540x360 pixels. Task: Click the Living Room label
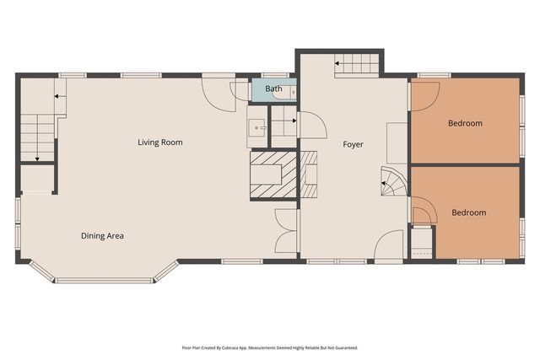(x=160, y=142)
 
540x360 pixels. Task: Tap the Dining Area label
(x=102, y=236)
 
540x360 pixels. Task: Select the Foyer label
(x=353, y=144)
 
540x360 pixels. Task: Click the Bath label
(x=273, y=89)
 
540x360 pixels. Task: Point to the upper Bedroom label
(x=465, y=123)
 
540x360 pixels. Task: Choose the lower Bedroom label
(x=469, y=212)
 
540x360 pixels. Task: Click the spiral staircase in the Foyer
(x=394, y=181)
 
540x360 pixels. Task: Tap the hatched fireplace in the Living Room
(x=273, y=175)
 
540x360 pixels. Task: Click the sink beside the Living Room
(x=256, y=127)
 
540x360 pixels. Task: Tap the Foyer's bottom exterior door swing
(x=388, y=245)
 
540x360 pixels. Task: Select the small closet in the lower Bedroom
(x=422, y=242)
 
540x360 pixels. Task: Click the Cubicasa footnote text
(x=270, y=347)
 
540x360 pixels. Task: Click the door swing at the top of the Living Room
(x=219, y=94)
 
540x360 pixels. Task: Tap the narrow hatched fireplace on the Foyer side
(x=309, y=175)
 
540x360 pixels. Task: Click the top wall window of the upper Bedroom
(x=434, y=75)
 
